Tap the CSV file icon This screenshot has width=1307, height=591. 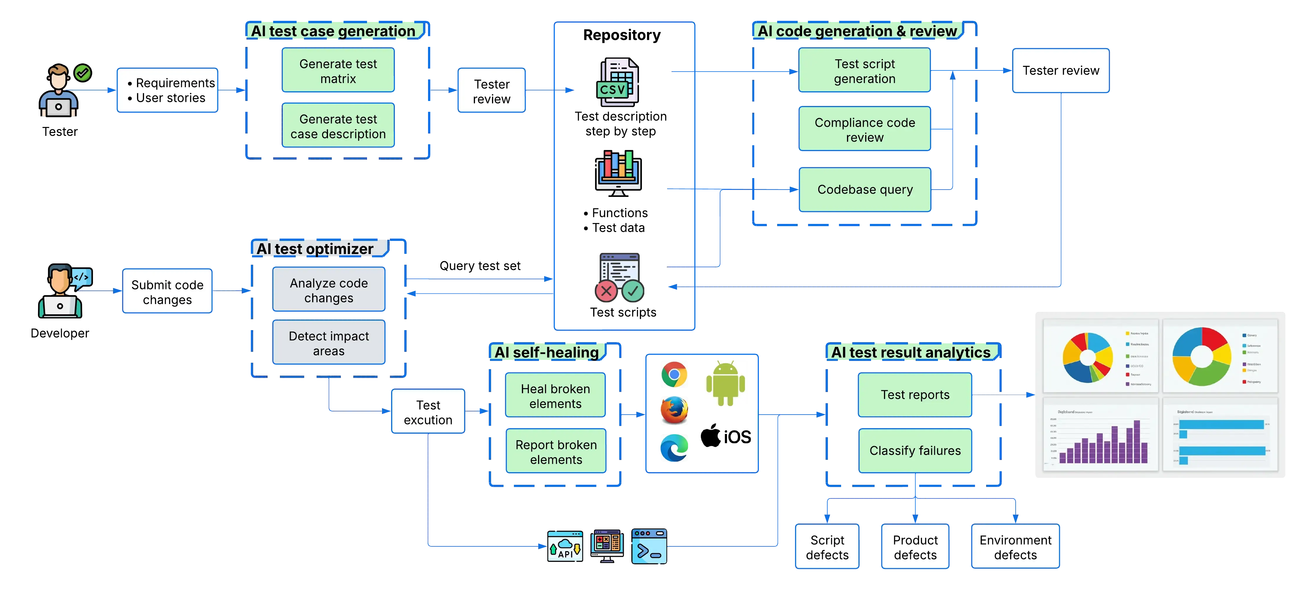pos(618,83)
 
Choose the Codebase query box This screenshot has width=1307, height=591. pos(865,189)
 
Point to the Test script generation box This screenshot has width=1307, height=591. pos(865,71)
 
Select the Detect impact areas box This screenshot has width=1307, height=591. pos(329,343)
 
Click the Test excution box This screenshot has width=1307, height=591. pos(428,412)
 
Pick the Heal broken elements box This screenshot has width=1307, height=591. pos(556,396)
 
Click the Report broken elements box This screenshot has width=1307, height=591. pos(556,452)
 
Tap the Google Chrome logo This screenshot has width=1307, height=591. pos(674,375)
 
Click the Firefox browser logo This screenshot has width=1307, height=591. pos(674,411)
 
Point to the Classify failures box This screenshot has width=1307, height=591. pos(915,450)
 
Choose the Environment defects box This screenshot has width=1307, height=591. pos(1015,547)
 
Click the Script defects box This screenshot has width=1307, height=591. pos(827,547)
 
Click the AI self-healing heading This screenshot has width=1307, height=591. pos(547,352)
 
